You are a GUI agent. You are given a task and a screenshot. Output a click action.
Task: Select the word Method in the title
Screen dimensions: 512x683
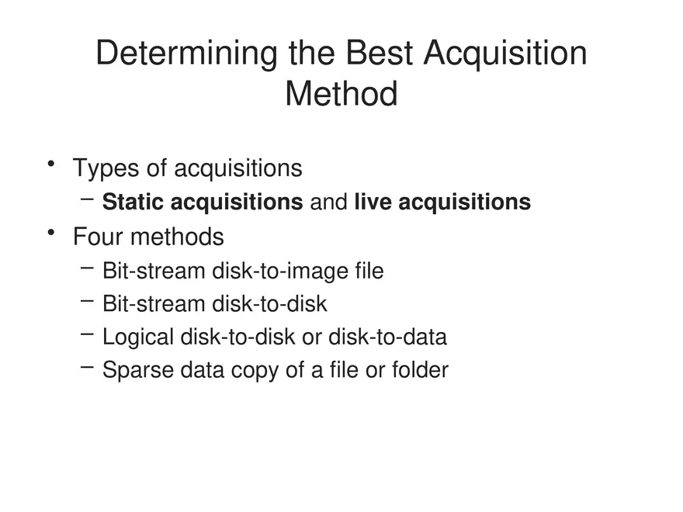(341, 94)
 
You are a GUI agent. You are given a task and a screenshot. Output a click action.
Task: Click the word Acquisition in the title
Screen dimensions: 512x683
(506, 54)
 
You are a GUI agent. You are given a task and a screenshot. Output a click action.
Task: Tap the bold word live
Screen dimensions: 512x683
(369, 202)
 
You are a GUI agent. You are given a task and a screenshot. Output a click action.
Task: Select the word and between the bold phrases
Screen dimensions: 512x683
(328, 202)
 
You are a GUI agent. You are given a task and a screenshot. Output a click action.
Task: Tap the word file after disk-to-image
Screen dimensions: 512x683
(369, 272)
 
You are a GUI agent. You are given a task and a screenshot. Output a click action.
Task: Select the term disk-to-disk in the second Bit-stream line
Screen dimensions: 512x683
(269, 304)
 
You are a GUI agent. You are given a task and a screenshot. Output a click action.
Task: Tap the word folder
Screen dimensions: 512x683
(420, 370)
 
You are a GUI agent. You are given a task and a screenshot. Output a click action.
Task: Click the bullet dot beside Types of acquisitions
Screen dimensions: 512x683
(50, 164)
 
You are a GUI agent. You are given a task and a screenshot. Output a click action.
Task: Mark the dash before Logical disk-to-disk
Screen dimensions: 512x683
(88, 334)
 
